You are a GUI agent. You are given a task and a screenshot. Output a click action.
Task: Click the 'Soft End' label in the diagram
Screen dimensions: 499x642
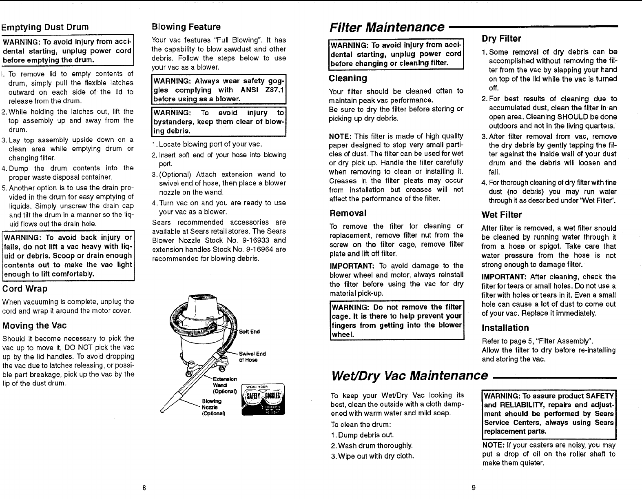click(x=249, y=332)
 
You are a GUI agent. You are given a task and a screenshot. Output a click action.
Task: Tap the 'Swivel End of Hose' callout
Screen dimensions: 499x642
click(x=252, y=356)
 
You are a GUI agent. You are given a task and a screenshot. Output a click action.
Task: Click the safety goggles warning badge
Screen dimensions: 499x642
click(x=263, y=400)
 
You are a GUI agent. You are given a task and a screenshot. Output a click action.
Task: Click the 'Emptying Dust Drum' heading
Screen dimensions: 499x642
click(x=45, y=27)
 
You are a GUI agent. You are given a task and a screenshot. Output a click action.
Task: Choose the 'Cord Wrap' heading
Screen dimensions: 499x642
click(x=25, y=289)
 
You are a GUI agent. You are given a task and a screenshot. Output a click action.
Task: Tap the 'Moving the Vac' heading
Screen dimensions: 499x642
click(x=34, y=325)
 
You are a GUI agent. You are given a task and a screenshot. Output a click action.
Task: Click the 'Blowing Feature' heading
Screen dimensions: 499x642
click(x=186, y=27)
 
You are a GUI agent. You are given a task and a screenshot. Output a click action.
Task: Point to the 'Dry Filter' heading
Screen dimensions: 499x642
click(x=501, y=39)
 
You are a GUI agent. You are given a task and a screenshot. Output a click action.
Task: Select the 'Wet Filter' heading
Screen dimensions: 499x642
click(x=501, y=215)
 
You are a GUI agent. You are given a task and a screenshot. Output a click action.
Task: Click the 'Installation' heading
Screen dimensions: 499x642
click(x=505, y=328)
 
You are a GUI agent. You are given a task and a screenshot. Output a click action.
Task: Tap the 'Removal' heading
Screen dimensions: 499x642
click(x=348, y=213)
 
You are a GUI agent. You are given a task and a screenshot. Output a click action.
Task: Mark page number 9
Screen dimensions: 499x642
click(x=473, y=488)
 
